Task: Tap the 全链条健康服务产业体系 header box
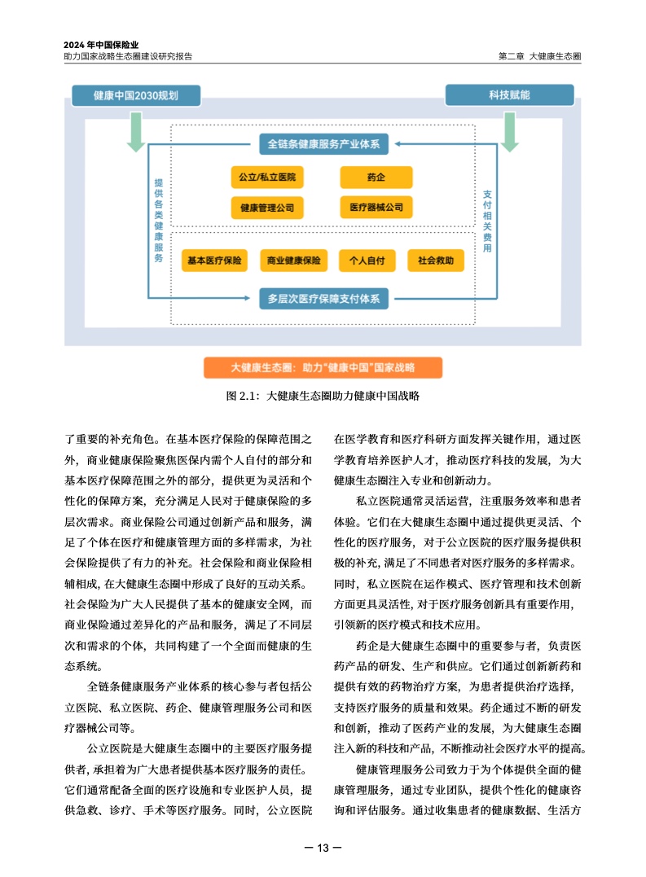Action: (x=323, y=144)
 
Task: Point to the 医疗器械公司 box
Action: (x=376, y=208)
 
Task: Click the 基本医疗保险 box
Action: (x=214, y=261)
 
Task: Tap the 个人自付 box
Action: (x=367, y=261)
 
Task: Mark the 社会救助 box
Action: (x=441, y=261)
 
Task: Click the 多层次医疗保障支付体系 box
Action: (x=323, y=298)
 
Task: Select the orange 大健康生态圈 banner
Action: (x=323, y=367)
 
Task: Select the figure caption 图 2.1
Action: (x=323, y=397)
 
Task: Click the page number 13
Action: (x=323, y=848)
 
